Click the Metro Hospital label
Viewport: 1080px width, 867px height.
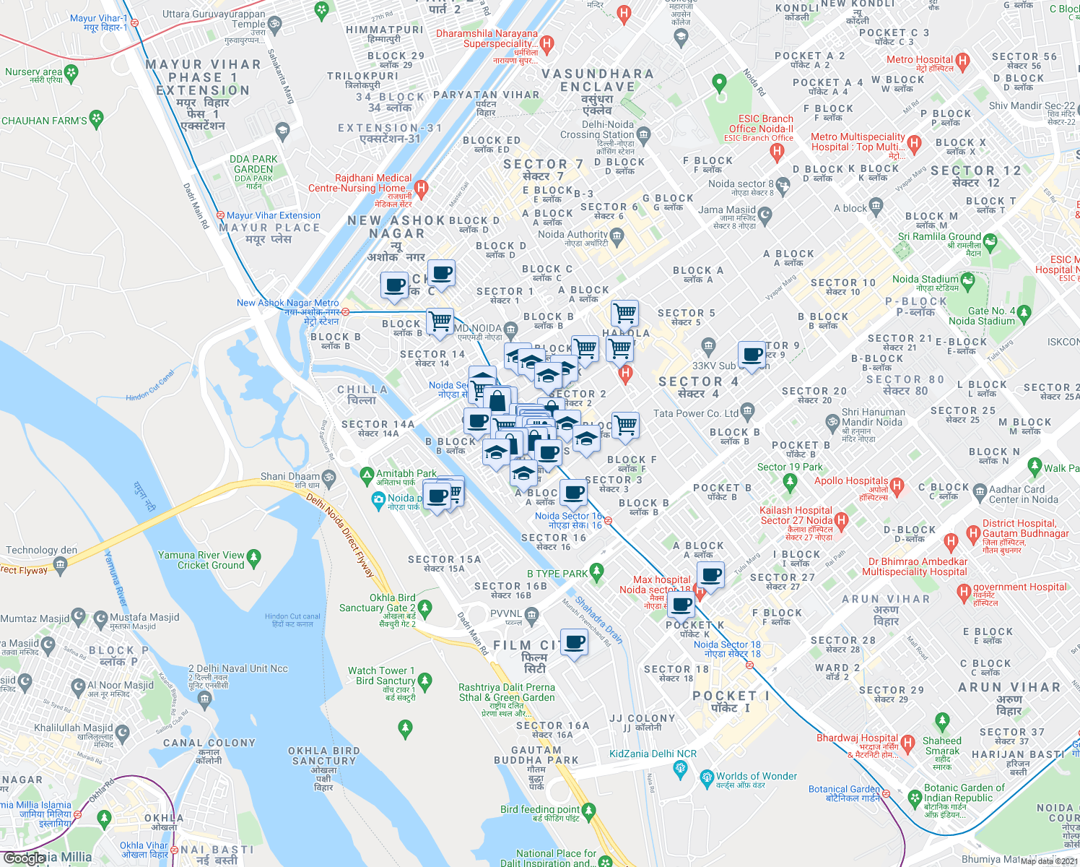point(919,60)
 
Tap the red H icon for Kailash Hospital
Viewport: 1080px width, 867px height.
point(841,520)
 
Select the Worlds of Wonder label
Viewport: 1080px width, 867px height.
point(756,777)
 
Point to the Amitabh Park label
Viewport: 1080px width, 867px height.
point(406,474)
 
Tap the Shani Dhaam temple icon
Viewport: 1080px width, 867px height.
point(328,477)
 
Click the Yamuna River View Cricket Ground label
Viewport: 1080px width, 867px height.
point(201,560)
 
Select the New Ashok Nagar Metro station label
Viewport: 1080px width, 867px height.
point(287,303)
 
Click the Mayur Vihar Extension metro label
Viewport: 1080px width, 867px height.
point(273,215)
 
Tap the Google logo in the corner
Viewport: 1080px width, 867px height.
point(25,858)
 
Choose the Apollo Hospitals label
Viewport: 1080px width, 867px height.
point(851,481)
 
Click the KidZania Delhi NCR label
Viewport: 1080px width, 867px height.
point(653,754)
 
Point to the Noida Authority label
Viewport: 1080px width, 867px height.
point(572,235)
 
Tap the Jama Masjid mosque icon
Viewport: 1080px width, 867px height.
point(765,215)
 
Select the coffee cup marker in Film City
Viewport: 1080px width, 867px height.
point(575,642)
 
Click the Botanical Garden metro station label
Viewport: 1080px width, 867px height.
point(844,790)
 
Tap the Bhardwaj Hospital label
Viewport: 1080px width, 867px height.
point(857,738)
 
